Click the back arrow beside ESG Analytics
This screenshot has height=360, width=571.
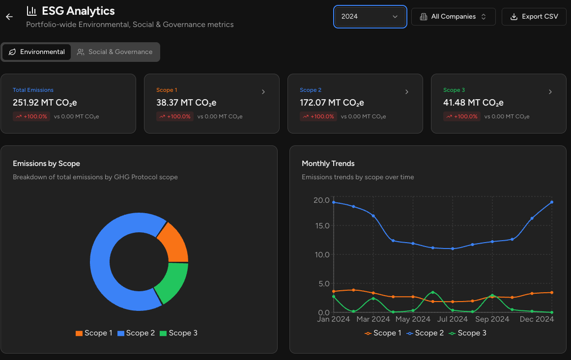pos(9,17)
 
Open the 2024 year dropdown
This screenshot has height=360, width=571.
pos(370,17)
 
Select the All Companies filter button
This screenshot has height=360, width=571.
pos(453,17)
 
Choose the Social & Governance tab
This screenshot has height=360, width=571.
pos(115,52)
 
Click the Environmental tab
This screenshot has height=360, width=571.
pos(37,52)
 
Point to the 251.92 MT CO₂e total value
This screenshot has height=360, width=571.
pos(45,103)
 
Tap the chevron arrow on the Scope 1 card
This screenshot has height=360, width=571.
pos(263,92)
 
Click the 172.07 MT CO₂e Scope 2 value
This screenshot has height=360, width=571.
pos(332,103)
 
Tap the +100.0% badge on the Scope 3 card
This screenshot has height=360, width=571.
pos(460,116)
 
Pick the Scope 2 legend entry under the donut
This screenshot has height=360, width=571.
pos(136,333)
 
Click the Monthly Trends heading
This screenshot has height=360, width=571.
pos(328,164)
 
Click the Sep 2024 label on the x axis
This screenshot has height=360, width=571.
pos(492,319)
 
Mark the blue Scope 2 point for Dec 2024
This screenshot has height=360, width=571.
pos(552,202)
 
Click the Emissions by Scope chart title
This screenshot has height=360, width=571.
pos(46,164)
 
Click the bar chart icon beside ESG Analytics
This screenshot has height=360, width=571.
pos(31,11)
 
